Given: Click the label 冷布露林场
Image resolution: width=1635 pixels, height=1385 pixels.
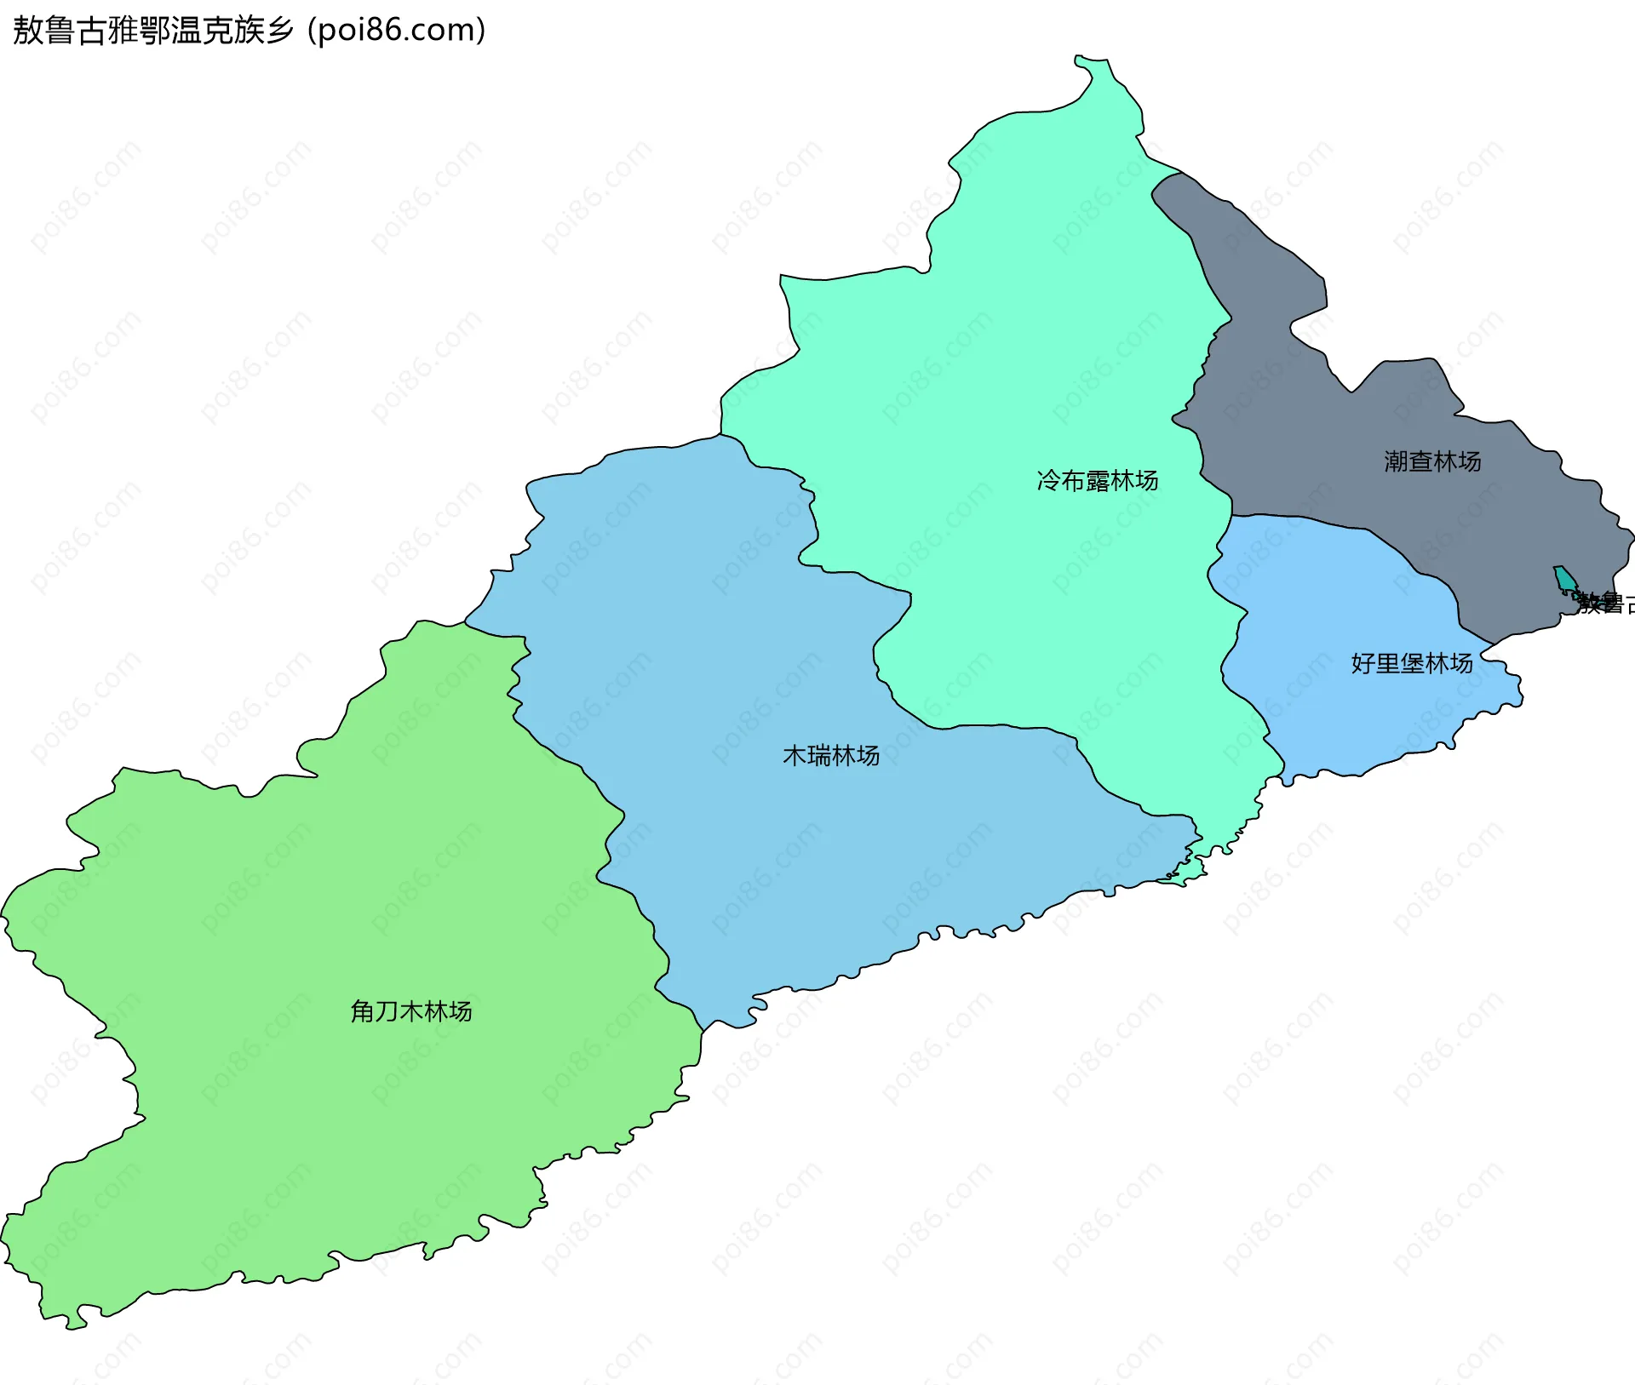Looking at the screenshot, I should [1097, 481].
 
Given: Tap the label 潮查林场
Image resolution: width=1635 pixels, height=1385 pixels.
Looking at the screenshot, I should [1432, 461].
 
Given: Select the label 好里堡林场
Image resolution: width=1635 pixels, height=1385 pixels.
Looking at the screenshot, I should [1411, 663].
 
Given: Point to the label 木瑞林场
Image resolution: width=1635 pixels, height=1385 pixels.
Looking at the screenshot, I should [831, 755].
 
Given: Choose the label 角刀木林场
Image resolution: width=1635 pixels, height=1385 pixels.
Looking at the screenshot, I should [410, 1011].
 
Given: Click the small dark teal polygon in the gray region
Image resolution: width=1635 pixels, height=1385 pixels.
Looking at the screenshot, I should [1564, 579].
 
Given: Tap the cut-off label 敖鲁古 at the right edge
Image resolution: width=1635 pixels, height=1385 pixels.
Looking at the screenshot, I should [1606, 604].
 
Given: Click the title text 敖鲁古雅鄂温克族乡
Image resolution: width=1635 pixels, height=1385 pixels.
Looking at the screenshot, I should [153, 31].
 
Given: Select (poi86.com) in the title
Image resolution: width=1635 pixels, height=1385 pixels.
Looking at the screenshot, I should [397, 31].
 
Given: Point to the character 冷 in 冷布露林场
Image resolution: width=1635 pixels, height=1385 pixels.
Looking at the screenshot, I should [1048, 481].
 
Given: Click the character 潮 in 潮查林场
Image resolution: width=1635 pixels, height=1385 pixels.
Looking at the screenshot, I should [1396, 461].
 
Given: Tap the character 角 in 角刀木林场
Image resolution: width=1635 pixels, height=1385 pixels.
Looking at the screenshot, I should [363, 1011].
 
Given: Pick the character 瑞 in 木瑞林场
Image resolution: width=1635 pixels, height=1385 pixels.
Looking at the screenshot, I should [819, 755].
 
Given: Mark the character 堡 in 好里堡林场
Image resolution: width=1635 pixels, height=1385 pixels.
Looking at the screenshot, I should [1411, 663].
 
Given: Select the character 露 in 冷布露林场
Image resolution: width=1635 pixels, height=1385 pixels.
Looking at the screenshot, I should [1097, 481].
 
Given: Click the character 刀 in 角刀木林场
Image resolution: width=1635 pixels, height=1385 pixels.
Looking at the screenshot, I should [387, 1011].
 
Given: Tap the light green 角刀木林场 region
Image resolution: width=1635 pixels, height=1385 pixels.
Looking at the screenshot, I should [341, 894].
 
